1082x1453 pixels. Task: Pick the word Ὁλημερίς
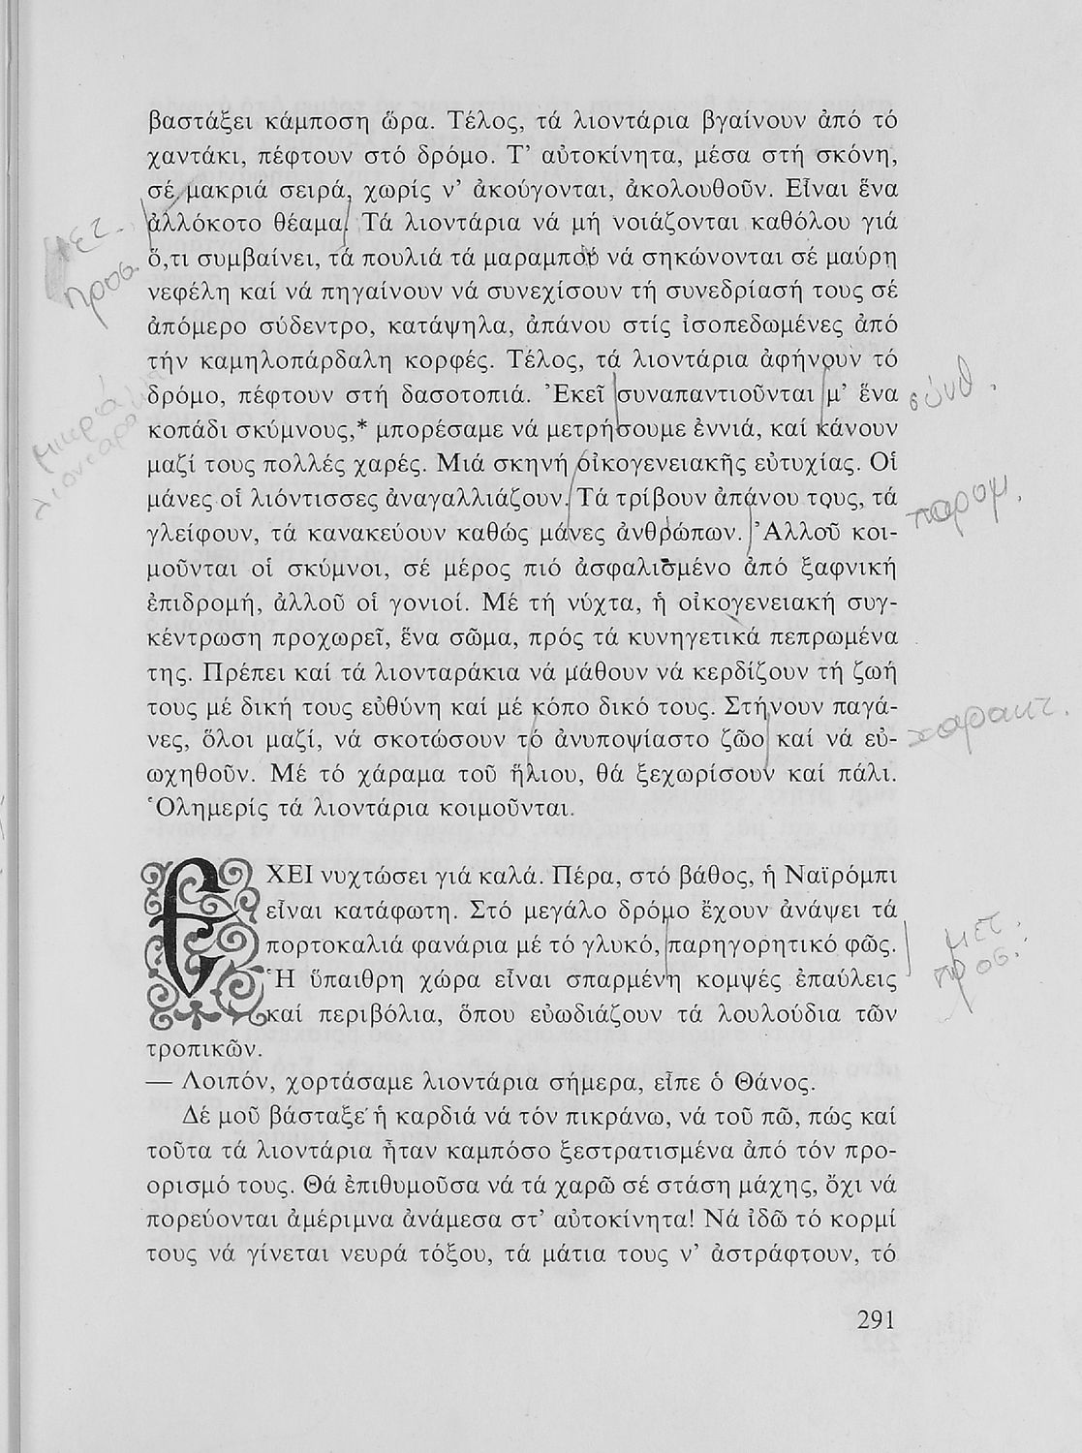(200, 805)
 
